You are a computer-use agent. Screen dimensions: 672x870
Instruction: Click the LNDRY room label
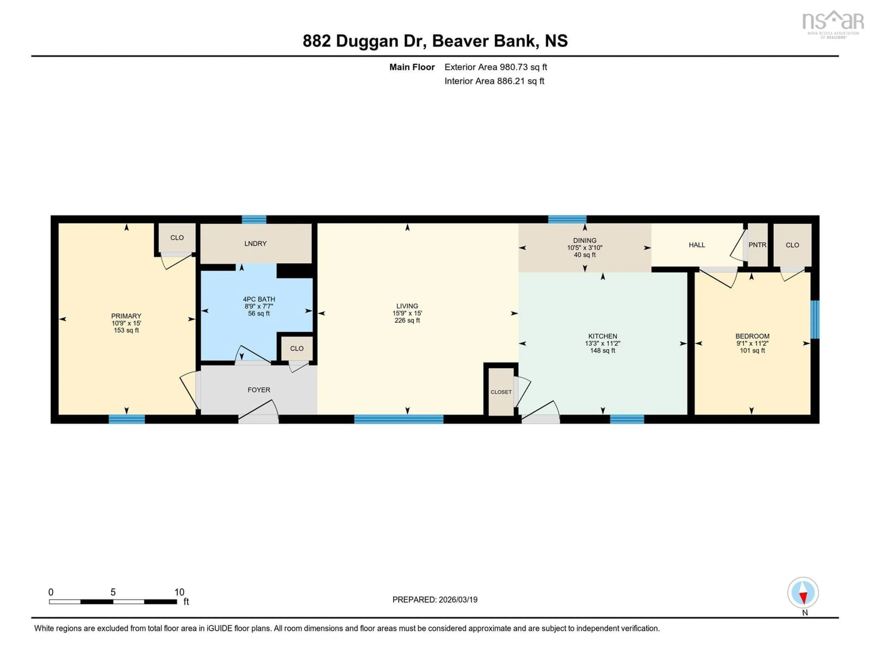click(x=255, y=243)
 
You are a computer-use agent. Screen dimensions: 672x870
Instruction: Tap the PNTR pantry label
click(x=757, y=245)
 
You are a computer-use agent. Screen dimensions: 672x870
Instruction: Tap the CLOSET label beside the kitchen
click(x=501, y=392)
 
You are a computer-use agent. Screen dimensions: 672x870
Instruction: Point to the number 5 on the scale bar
click(x=113, y=592)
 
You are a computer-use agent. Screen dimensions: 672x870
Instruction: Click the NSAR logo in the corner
click(x=833, y=23)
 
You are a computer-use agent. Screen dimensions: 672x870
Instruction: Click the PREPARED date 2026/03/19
click(x=457, y=599)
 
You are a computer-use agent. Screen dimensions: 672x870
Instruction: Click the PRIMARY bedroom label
click(x=126, y=315)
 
